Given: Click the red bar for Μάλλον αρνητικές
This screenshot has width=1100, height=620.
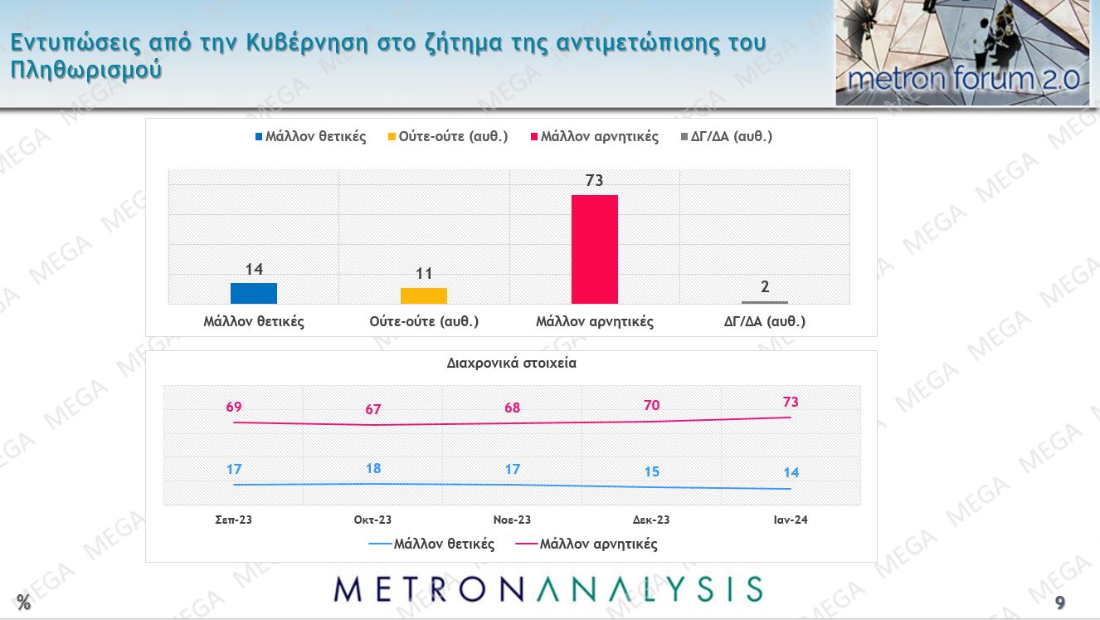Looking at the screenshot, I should coord(595,249).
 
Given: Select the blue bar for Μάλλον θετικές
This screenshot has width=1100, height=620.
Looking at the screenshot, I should coord(254,293).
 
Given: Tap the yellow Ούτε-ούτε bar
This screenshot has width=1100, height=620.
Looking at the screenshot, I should coord(424,295).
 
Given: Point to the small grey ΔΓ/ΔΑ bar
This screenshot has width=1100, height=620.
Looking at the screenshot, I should coord(765,302).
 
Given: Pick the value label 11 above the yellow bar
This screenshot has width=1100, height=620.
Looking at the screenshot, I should coord(424,274).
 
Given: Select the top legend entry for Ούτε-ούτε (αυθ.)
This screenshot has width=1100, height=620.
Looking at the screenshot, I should coord(447,137).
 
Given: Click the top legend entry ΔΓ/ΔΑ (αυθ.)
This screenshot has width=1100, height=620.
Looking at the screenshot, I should coord(727,137).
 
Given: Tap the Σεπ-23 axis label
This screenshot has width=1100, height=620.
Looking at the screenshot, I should coord(233,520).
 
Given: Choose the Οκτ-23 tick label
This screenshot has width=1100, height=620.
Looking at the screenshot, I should coord(372,520).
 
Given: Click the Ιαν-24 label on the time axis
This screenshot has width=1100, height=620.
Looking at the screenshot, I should coord(791,520).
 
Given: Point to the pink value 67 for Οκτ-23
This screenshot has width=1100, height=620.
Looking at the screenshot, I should coord(372,409).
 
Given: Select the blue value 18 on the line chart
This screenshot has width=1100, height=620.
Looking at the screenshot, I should coord(373,469).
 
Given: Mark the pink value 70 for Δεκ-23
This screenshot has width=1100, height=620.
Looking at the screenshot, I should coord(651,406).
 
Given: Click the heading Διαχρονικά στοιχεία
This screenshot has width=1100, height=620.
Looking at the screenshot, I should coord(511,363).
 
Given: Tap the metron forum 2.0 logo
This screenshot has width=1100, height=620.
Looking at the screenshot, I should coord(962,53).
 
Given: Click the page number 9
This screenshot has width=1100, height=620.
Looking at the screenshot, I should coord(1060,603).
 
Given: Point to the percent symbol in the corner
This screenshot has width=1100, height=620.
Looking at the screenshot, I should coord(23,603).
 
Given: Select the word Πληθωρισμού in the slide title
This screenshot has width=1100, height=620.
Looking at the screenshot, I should coord(86,70).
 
